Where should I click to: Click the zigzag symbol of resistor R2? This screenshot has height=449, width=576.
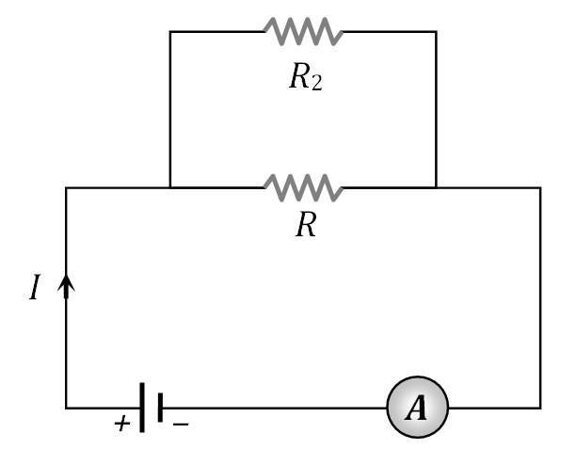[x=303, y=32]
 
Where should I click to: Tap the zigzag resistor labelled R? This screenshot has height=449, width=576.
[x=303, y=188]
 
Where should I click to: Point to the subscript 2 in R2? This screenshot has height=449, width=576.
[x=317, y=83]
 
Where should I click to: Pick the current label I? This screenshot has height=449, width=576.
[x=35, y=288]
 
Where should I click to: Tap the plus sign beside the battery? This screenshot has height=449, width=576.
[x=121, y=424]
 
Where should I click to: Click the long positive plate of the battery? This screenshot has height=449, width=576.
[x=142, y=408]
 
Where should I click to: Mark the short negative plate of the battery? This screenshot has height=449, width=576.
[x=161, y=408]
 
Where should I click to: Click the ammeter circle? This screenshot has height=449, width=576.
[x=417, y=408]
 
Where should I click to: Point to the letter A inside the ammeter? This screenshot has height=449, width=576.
[x=417, y=408]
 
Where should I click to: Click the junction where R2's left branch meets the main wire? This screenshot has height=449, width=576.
[x=170, y=188]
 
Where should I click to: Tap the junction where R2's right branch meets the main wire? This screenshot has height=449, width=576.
[x=436, y=188]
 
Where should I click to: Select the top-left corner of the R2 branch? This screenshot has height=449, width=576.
[x=170, y=32]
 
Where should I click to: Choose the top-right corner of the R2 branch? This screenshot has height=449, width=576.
[x=436, y=32]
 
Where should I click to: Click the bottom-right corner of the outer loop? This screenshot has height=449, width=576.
[x=540, y=408]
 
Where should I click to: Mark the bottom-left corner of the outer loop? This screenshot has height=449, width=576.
[x=66, y=408]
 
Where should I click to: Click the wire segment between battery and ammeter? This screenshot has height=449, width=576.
[x=273, y=408]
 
